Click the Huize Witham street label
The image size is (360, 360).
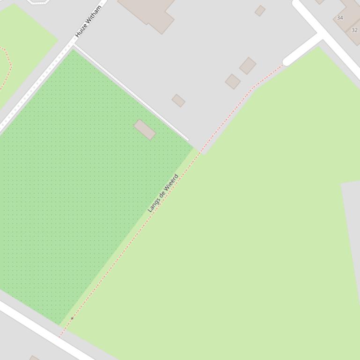pyautogui.click(x=88, y=22)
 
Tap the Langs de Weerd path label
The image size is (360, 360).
pyautogui.click(x=163, y=193)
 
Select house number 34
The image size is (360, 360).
pyautogui.click(x=340, y=18)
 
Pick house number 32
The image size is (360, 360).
pyautogui.click(x=354, y=30)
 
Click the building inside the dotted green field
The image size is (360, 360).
pyautogui.click(x=145, y=130)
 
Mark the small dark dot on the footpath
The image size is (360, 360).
pyautogui.click(x=72, y=318)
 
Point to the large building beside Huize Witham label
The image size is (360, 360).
pyautogui.click(x=147, y=12)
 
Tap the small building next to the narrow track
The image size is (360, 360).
pyautogui.click(x=178, y=101)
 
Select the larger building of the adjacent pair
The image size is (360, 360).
pyautogui.click(x=248, y=66)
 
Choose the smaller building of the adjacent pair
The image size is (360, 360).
pyautogui.click(x=233, y=81)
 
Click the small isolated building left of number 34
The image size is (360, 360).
pyautogui.click(x=260, y=10)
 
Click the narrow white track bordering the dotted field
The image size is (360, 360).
pyautogui.click(x=131, y=93)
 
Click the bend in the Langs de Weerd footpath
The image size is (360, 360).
pyautogui.click(x=254, y=87)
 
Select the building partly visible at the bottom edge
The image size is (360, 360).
pyautogui.click(x=34, y=358)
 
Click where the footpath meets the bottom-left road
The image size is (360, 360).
pyautogui.click(x=60, y=336)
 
